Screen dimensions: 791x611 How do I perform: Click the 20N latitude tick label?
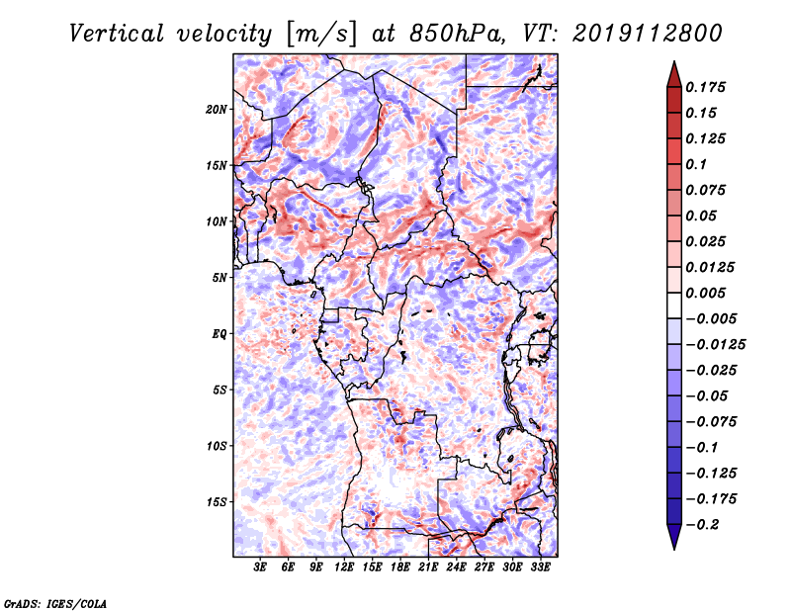click(x=216, y=109)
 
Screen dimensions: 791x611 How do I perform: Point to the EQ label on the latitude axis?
click(x=219, y=334)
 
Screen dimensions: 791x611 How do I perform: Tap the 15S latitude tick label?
click(x=216, y=502)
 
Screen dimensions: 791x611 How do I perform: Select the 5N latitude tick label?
click(x=219, y=278)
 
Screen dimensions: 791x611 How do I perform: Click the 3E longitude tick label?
click(x=260, y=567)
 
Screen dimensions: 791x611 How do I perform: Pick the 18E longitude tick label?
click(x=400, y=567)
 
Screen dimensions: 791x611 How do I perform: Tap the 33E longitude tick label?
click(x=540, y=567)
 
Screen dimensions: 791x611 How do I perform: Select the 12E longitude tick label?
click(x=344, y=567)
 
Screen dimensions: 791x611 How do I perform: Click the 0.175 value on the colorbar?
click(x=705, y=87)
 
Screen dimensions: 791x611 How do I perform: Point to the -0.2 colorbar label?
click(x=702, y=525)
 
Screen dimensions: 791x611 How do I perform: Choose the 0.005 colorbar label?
click(x=705, y=293)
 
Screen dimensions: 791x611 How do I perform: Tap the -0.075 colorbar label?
click(x=711, y=422)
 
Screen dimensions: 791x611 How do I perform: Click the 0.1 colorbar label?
click(x=696, y=164)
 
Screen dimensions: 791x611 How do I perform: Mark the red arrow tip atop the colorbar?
click(x=674, y=62)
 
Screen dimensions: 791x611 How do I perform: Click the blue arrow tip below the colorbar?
click(x=674, y=549)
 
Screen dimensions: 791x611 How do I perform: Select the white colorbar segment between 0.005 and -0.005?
click(x=674, y=305)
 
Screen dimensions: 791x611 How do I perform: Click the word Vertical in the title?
click(x=117, y=34)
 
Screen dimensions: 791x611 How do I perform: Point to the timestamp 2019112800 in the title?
click(x=648, y=34)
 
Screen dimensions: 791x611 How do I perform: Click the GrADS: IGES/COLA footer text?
click(x=55, y=603)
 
